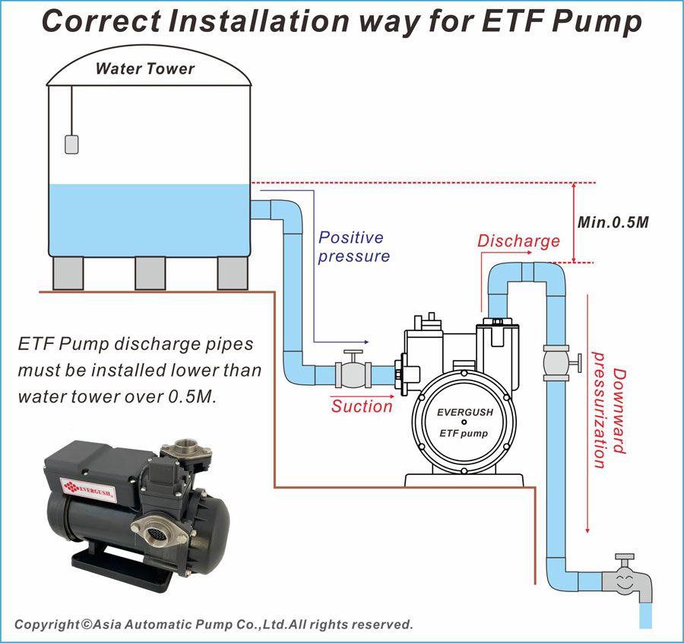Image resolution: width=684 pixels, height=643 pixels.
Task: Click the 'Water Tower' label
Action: pyautogui.click(x=145, y=68)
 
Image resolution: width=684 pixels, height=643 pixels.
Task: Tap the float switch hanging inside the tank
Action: pyautogui.click(x=71, y=145)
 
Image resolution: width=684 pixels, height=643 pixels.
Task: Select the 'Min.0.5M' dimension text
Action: pyautogui.click(x=613, y=222)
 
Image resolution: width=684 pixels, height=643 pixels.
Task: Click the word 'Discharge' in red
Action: pyautogui.click(x=518, y=241)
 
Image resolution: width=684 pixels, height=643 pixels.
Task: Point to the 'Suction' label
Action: pyautogui.click(x=362, y=406)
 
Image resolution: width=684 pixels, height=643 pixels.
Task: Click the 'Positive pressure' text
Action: pyautogui.click(x=353, y=247)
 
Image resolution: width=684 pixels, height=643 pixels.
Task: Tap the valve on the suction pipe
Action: pyautogui.click(x=353, y=370)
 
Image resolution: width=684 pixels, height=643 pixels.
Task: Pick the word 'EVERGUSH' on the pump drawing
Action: pyautogui.click(x=465, y=412)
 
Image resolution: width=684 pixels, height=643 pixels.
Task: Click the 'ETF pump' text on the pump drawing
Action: pyautogui.click(x=464, y=433)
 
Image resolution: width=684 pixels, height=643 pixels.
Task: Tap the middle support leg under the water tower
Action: pyautogui.click(x=150, y=273)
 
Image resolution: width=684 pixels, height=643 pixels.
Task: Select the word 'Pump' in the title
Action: pyautogui.click(x=597, y=21)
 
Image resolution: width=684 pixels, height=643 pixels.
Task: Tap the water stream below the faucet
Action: pyautogui.click(x=645, y=616)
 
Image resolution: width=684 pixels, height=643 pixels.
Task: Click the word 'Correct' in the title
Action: pyautogui.click(x=101, y=21)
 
